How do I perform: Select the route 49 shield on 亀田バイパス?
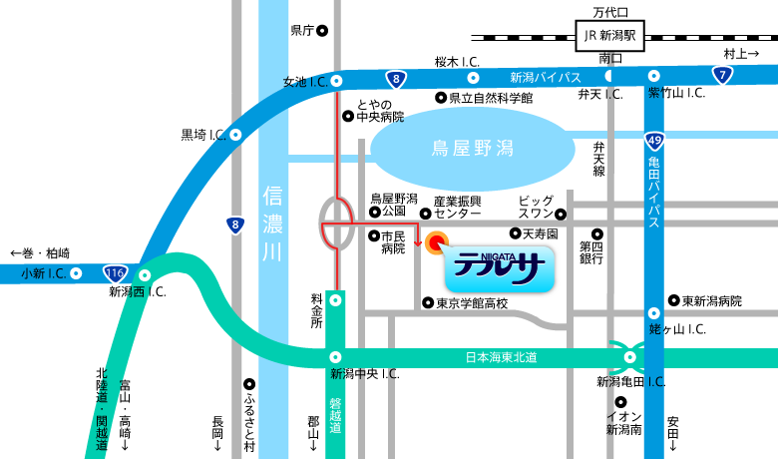653,141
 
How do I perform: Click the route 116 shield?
116,272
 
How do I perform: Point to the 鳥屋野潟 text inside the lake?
472,149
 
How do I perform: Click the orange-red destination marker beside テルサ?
436,241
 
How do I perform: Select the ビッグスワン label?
535,207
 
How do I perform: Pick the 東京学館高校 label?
472,303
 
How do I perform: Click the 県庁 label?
302,31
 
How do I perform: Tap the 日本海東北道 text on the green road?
502,356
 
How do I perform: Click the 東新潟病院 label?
712,300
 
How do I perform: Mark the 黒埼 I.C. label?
199,134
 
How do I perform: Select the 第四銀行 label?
592,251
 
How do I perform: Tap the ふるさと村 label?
249,420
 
